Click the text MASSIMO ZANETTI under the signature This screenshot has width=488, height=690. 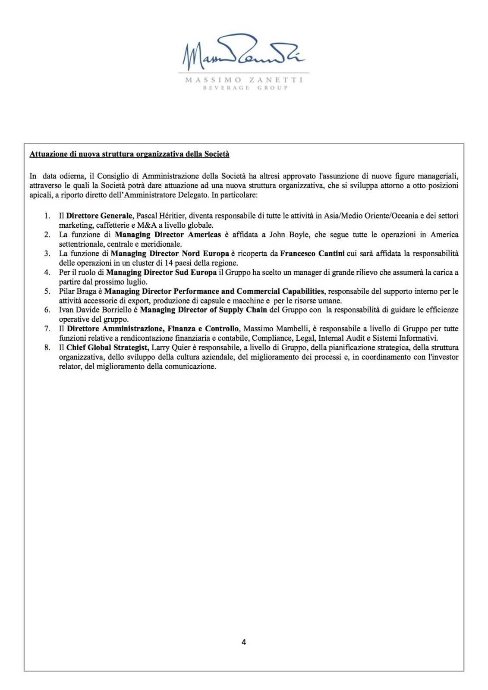[244, 80]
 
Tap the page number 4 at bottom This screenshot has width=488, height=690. [244, 642]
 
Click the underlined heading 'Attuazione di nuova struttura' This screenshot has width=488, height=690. [129, 154]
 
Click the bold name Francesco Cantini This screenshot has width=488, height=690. [312, 254]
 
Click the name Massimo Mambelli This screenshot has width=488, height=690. [274, 329]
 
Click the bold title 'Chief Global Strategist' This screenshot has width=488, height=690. [108, 347]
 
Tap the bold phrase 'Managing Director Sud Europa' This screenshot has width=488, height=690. [161, 272]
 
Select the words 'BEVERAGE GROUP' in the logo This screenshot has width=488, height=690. [244, 88]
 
